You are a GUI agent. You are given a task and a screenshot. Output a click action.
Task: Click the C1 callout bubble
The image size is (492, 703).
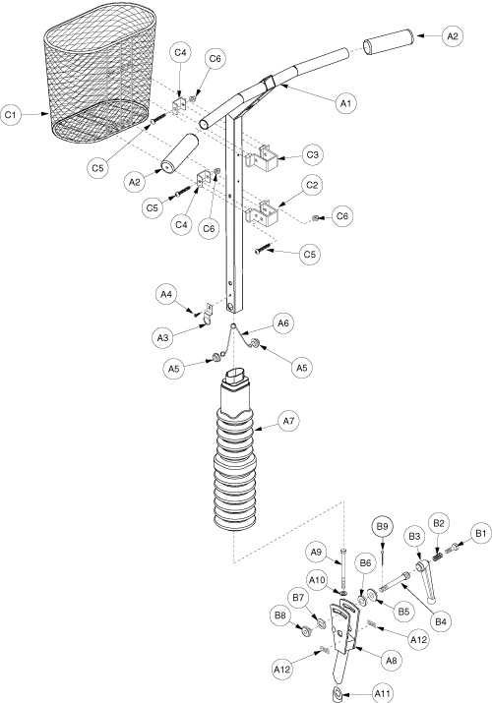(10, 115)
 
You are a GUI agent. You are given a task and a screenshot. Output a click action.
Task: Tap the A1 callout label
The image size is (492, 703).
(345, 103)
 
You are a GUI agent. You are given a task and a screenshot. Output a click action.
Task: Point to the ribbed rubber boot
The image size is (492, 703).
(235, 448)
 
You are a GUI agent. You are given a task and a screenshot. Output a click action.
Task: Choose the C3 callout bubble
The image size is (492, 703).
(312, 155)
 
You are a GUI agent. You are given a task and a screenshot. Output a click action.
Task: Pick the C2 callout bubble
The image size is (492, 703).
(312, 185)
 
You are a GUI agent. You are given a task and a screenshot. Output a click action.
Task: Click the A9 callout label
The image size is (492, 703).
(317, 553)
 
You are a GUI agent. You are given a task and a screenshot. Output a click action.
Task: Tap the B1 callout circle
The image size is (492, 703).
(480, 534)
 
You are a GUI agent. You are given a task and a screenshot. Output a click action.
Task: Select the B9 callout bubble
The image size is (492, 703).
(382, 527)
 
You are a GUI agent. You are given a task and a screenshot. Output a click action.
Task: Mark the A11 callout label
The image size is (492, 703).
(383, 694)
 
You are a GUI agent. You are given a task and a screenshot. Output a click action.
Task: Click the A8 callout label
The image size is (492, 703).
(392, 660)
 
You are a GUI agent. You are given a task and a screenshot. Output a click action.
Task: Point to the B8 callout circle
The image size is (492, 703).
(280, 615)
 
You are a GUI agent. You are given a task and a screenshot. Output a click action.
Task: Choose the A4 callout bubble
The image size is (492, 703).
(166, 294)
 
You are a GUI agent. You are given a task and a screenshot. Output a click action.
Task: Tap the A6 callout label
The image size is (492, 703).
(283, 323)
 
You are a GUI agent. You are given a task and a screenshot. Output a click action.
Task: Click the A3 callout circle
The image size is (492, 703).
(162, 337)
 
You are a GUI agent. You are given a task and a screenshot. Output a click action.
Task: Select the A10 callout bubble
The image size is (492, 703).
(317, 580)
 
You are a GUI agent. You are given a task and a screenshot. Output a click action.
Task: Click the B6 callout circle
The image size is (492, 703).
(365, 563)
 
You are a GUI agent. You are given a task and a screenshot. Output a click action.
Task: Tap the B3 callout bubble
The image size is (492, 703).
(414, 536)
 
